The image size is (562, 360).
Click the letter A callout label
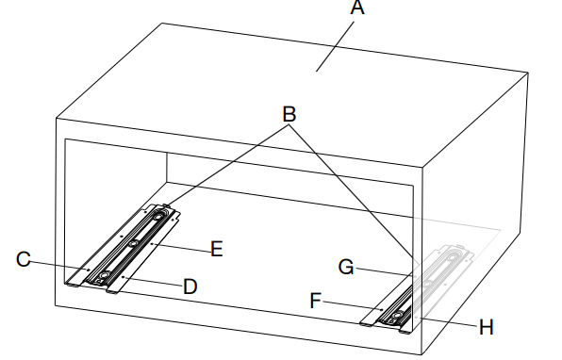[x=357, y=8]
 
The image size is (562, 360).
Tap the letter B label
[x=289, y=114]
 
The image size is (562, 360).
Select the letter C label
[x=24, y=259]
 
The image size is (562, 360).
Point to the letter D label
[x=190, y=286]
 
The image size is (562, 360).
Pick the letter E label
[x=217, y=249]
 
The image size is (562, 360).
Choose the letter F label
[x=315, y=301]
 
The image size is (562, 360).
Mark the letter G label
[x=346, y=268]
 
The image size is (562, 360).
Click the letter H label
[x=486, y=327]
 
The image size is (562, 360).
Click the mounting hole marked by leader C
[x=89, y=270]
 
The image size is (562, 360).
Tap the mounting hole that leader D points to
[x=123, y=277]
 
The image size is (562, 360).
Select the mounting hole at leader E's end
[x=151, y=243]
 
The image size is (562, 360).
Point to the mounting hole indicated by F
[x=382, y=309]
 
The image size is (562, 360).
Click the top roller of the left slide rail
[x=158, y=217]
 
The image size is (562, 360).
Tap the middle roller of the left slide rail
[x=134, y=243]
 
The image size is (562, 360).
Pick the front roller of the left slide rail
[x=105, y=275]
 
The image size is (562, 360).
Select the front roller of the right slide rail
[x=397, y=315]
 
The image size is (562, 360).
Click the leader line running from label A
[x=335, y=46]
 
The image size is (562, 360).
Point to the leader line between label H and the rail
[x=450, y=321]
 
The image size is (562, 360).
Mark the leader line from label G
[x=384, y=271]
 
